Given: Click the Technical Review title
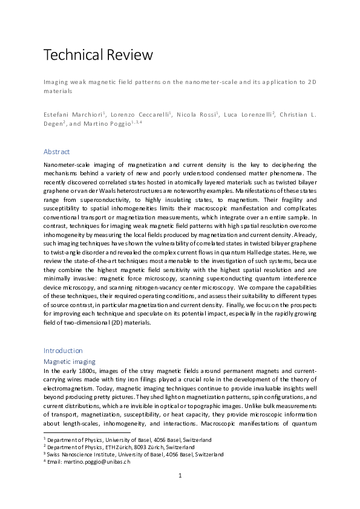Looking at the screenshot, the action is click(x=98, y=55).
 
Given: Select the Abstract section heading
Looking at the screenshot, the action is click(x=56, y=151).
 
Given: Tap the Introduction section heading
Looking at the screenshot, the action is click(x=63, y=350).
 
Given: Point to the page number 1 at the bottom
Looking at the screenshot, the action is click(x=180, y=475).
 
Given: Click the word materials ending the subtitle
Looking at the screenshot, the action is click(x=57, y=92).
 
